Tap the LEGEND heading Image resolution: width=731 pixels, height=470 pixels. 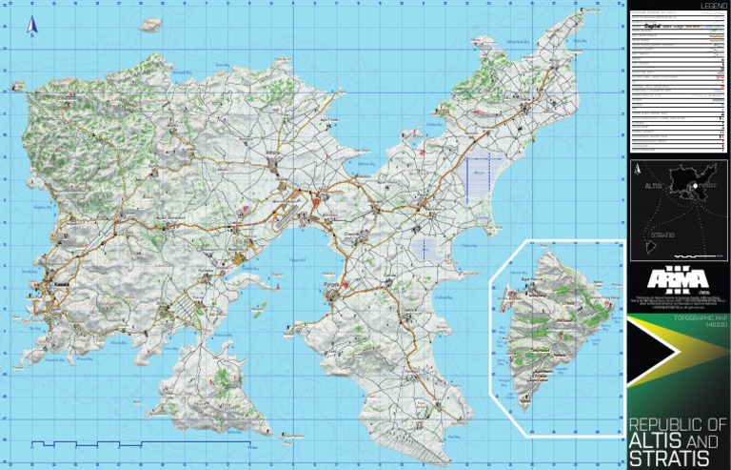coord(714,7)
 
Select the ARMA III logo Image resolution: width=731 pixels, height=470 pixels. coord(678,278)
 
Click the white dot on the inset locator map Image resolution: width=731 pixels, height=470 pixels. coord(696,185)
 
